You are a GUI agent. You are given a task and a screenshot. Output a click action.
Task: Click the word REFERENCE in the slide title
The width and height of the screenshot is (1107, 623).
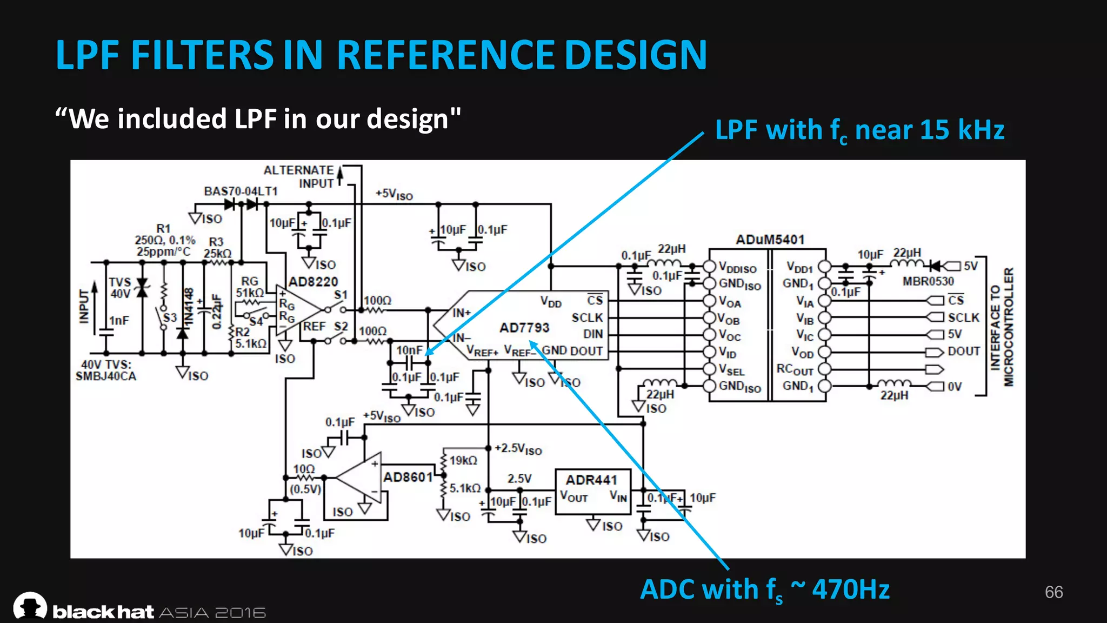(x=445, y=55)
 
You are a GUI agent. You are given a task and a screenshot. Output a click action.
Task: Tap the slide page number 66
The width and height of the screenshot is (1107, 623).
(x=1053, y=592)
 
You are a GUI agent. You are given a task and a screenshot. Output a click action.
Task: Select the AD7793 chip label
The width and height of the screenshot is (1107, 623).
(x=524, y=328)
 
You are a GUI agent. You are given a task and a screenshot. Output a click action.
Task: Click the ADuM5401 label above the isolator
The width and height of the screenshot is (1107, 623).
(x=770, y=240)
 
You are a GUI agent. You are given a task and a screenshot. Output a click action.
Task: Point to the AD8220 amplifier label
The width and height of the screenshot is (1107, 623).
(x=313, y=282)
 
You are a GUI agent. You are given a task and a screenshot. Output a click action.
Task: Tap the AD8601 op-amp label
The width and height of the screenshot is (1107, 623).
(x=408, y=477)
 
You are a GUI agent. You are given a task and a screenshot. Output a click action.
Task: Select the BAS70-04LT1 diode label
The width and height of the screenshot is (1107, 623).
(x=241, y=191)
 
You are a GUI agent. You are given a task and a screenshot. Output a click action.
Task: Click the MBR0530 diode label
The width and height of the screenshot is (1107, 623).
(x=928, y=281)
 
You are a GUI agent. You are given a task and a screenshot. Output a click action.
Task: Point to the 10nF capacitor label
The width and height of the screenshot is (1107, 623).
(x=409, y=350)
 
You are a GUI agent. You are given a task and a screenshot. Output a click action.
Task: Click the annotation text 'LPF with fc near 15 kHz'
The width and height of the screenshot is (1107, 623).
(x=859, y=131)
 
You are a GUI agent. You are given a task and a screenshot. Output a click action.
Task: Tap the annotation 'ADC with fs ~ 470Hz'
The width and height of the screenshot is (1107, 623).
(x=764, y=590)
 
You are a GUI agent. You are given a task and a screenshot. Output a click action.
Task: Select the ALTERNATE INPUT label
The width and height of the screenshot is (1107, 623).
(x=299, y=177)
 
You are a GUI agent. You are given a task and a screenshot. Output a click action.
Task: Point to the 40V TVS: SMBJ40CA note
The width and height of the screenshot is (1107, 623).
(x=106, y=370)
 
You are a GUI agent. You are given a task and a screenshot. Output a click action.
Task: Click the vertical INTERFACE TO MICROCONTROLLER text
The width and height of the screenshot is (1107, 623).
(x=1001, y=328)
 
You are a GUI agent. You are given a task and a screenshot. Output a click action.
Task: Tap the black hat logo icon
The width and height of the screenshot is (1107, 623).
(x=30, y=606)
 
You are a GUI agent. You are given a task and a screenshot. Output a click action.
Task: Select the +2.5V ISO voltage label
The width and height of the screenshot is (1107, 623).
(x=518, y=449)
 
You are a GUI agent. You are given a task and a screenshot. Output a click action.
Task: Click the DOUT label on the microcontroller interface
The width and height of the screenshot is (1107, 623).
(x=963, y=352)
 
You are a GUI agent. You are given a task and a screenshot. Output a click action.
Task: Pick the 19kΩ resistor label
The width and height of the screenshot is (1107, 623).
(x=463, y=460)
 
